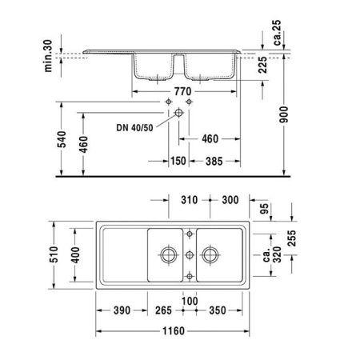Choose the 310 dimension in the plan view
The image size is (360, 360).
point(189,199)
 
